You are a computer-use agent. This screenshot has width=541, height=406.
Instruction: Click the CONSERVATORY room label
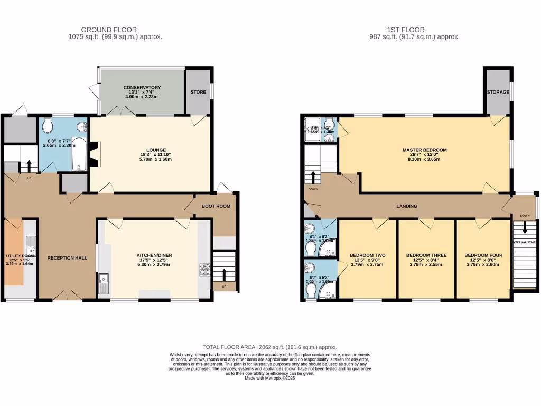tap(142, 87)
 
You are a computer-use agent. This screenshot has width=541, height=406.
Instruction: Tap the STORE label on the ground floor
tap(199, 92)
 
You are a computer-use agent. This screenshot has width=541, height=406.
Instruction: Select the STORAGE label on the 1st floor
tap(498, 92)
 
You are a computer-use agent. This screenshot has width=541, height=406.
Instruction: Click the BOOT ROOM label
tap(216, 206)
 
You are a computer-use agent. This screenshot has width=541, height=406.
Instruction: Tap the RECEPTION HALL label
tap(67, 258)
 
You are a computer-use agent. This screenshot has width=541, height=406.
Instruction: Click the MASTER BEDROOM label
tap(424, 150)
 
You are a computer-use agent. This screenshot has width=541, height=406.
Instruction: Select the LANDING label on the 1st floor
tap(407, 206)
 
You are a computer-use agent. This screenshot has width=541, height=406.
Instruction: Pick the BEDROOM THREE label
tap(426, 255)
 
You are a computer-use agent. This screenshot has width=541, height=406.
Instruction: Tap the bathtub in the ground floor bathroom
tap(79, 154)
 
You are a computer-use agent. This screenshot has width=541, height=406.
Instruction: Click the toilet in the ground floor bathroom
tap(48, 126)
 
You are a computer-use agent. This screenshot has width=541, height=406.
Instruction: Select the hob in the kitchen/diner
tap(204, 270)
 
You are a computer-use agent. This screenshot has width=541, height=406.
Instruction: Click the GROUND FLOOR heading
tap(109, 30)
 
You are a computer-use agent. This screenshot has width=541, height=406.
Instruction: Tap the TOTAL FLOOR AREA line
tap(270, 347)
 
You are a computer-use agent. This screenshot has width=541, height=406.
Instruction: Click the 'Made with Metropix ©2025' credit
tap(270, 378)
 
